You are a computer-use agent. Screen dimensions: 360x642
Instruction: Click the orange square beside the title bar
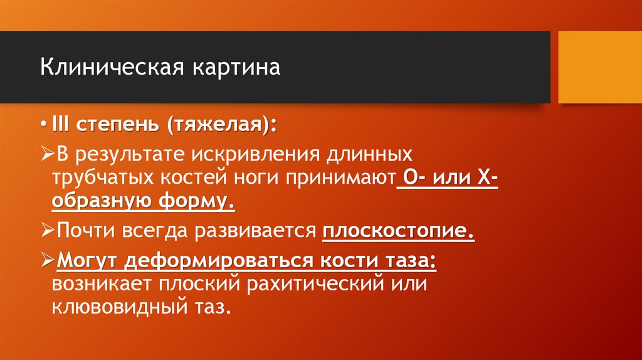(x=599, y=67)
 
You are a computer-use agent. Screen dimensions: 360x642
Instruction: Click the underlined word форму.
(x=201, y=203)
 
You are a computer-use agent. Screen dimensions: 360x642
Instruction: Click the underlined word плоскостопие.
(x=398, y=231)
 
